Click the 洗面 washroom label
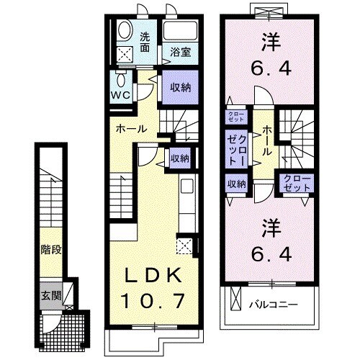145,42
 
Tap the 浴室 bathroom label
180,53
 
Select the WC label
120,94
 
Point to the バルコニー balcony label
274,304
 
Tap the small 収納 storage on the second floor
237,184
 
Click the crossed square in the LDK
184,246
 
